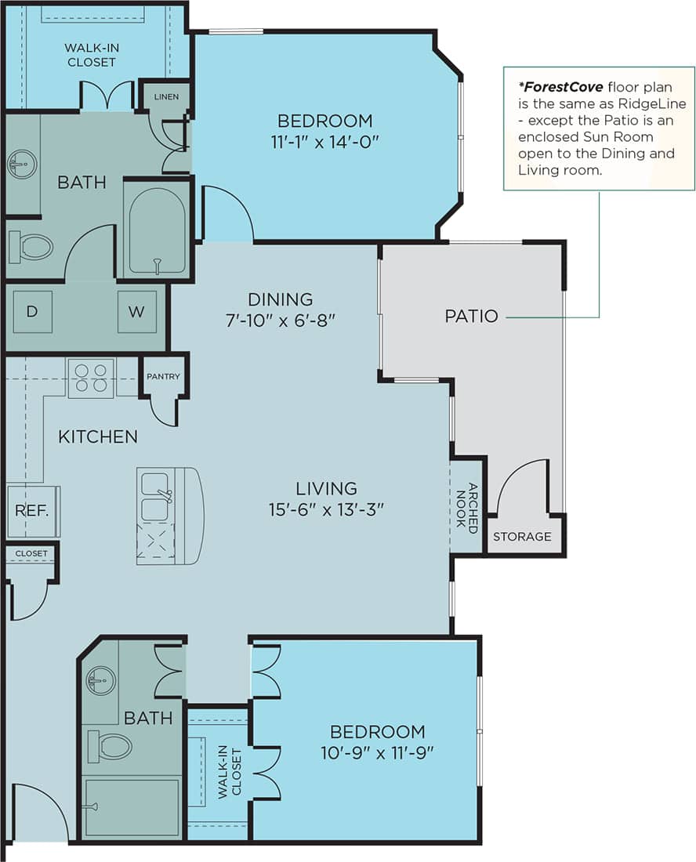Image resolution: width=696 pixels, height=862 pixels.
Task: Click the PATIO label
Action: tap(471, 317)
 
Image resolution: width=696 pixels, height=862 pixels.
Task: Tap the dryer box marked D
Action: tap(32, 311)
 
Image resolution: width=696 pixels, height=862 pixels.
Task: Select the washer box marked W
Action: tap(136, 311)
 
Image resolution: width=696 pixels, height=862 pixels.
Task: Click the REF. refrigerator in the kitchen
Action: tap(33, 511)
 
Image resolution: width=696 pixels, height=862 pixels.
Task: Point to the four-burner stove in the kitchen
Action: tap(91, 377)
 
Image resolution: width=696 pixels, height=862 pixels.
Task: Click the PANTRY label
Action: tap(163, 376)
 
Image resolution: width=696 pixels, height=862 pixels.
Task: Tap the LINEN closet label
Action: tap(166, 96)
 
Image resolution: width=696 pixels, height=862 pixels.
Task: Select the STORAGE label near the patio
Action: tap(522, 537)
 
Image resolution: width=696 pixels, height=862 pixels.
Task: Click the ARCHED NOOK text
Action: tap(467, 508)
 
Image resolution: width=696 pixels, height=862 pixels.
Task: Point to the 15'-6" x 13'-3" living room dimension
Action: tap(327, 510)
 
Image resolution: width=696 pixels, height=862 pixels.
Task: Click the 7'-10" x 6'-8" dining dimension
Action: tap(281, 320)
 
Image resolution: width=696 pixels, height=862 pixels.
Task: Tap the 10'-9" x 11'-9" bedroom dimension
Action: tap(377, 752)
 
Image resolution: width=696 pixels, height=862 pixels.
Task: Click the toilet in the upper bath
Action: tap(31, 248)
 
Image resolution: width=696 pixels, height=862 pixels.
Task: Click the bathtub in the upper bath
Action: tap(158, 230)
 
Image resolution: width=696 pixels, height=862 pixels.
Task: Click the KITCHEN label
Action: tap(98, 436)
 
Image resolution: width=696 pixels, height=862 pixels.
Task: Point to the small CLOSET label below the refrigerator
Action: tap(31, 553)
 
